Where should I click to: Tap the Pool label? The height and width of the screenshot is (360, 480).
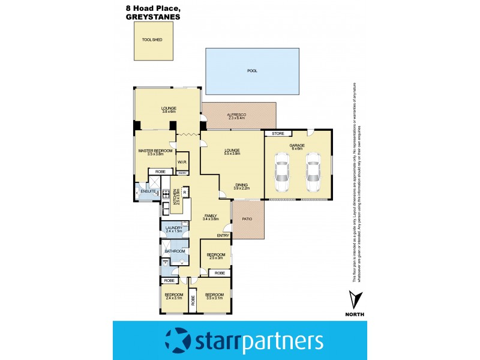click(252, 71)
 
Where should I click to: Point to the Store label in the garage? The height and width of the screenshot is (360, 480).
click(277, 133)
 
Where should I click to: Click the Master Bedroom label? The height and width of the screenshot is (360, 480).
click(155, 151)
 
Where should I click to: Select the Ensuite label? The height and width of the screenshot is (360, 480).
click(149, 191)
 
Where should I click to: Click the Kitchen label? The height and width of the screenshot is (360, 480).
click(176, 195)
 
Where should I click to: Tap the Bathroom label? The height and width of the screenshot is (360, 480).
click(173, 251)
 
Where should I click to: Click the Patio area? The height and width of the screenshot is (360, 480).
click(247, 219)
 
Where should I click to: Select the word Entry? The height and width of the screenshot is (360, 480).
click(223, 236)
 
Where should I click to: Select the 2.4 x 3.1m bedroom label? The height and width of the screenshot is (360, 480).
click(173, 298)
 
